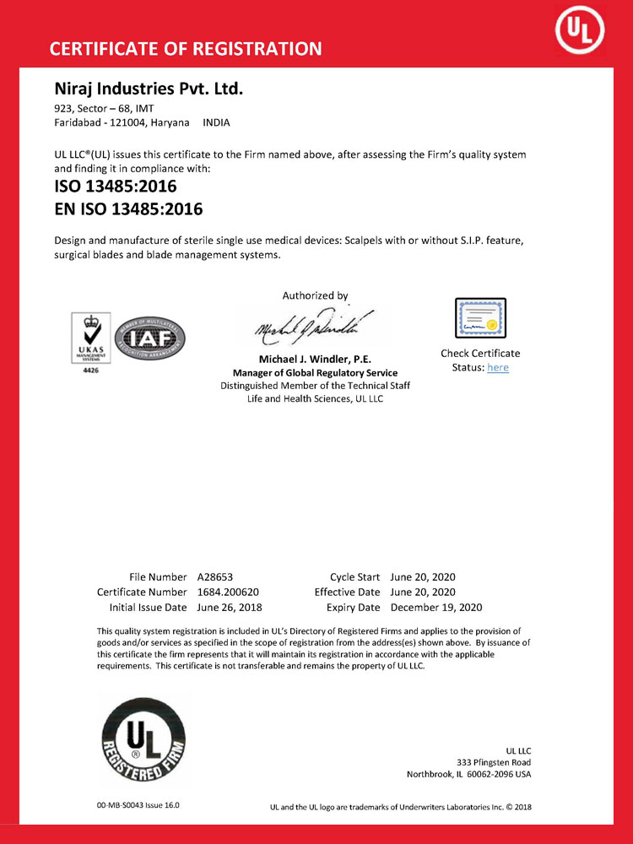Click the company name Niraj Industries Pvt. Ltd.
pyautogui.click(x=149, y=88)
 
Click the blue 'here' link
pyautogui.click(x=498, y=367)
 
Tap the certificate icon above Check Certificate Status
pyautogui.click(x=480, y=319)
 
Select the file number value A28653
pyautogui.click(x=215, y=577)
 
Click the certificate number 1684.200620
pyautogui.click(x=230, y=592)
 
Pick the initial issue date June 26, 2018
pyautogui.click(x=230, y=608)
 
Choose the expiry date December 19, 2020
pyautogui.click(x=436, y=608)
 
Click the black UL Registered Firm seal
pyautogui.click(x=143, y=738)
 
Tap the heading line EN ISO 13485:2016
pyautogui.click(x=128, y=208)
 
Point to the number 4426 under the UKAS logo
pyautogui.click(x=90, y=370)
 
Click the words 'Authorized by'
pyautogui.click(x=315, y=295)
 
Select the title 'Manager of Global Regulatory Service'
pyautogui.click(x=315, y=373)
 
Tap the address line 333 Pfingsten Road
pyautogui.click(x=494, y=762)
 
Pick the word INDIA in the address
pyautogui.click(x=217, y=122)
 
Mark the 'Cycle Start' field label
pyautogui.click(x=354, y=577)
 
